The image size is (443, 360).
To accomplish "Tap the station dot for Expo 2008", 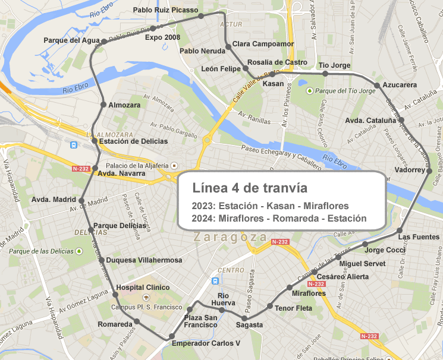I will [x=153, y=28].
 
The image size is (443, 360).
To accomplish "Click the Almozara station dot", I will [x=103, y=105].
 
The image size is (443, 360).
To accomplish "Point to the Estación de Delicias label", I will [x=129, y=141].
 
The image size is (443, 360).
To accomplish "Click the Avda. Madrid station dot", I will [x=82, y=200].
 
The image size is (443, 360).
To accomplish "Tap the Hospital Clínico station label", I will [x=143, y=288].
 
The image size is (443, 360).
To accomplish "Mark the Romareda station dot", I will [x=136, y=321].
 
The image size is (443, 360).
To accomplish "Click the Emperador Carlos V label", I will [x=205, y=343].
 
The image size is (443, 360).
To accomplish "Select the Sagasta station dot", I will [x=244, y=318].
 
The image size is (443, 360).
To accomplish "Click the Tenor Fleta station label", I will [x=293, y=308].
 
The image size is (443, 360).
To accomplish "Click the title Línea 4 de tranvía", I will [x=250, y=188].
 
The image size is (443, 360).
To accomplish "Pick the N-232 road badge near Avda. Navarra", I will [x=80, y=169].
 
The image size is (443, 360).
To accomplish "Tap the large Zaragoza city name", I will [x=230, y=237].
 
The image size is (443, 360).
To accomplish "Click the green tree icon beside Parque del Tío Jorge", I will [x=309, y=91].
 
